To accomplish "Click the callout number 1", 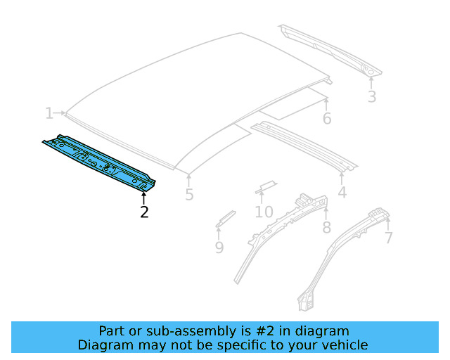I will pyautogui.click(x=49, y=113).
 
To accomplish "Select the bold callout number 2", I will pyautogui.click(x=144, y=211).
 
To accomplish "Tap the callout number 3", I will pyautogui.click(x=371, y=97).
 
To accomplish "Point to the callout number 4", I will pyautogui.click(x=342, y=192).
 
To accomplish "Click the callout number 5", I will pyautogui.click(x=189, y=195).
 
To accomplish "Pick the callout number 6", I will pyautogui.click(x=327, y=118).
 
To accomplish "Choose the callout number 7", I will pyautogui.click(x=388, y=238).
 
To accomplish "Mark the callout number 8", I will pyautogui.click(x=326, y=227).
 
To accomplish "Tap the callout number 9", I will pyautogui.click(x=219, y=247).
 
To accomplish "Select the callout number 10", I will pyautogui.click(x=264, y=212).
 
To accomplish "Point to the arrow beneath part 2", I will pyautogui.click(x=144, y=195).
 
